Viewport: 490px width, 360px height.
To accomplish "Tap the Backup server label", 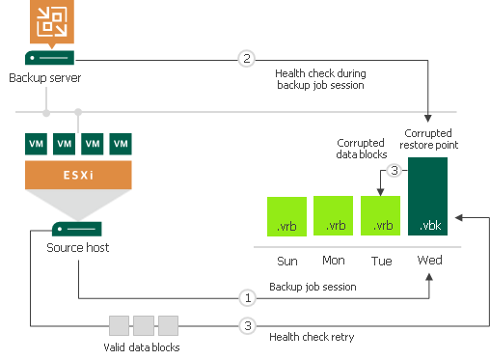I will click(46, 77).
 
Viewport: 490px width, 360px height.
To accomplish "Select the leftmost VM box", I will click(37, 144).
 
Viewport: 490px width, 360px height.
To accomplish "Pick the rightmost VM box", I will click(121, 144).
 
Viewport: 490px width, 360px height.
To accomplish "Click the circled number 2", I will click(247, 59).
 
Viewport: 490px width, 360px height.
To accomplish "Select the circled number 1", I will click(247, 298).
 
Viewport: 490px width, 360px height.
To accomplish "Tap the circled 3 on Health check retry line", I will click(247, 326).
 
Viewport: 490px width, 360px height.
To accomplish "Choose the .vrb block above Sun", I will click(286, 216).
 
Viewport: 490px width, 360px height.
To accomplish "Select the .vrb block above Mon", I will click(334, 216).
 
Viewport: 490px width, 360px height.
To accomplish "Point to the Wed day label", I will click(429, 261).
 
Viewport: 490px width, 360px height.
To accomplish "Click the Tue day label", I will click(382, 261).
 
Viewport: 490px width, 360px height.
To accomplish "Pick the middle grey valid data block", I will click(144, 325).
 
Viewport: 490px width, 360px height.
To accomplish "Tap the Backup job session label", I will click(313, 287).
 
